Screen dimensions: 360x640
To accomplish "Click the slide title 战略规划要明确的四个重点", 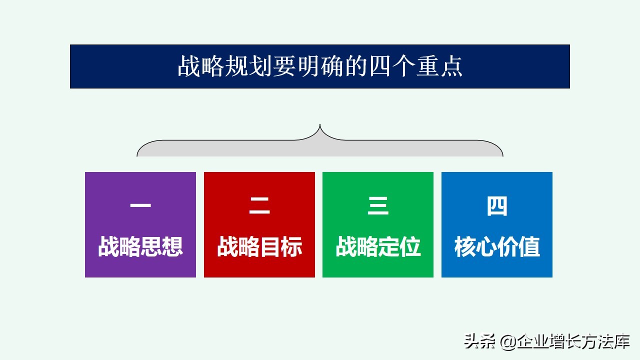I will pyautogui.click(x=320, y=67).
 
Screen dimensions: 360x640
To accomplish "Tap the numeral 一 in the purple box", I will pyautogui.click(x=140, y=206).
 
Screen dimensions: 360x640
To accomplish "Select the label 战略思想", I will pyautogui.click(x=140, y=246).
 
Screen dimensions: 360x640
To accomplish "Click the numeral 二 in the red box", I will pyautogui.click(x=259, y=206).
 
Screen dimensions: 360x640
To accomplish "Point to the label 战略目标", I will pyautogui.click(x=259, y=246).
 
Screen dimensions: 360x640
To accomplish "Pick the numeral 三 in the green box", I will pyautogui.click(x=378, y=206).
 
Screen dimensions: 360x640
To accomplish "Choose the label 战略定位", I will pyautogui.click(x=378, y=246).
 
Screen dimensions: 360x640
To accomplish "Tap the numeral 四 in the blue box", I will pyautogui.click(x=497, y=206).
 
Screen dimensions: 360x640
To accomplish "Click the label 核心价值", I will pyautogui.click(x=497, y=246).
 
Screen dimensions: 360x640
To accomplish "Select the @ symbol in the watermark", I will pyautogui.click(x=507, y=341).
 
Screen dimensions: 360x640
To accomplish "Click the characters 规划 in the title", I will pyautogui.click(x=248, y=67).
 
